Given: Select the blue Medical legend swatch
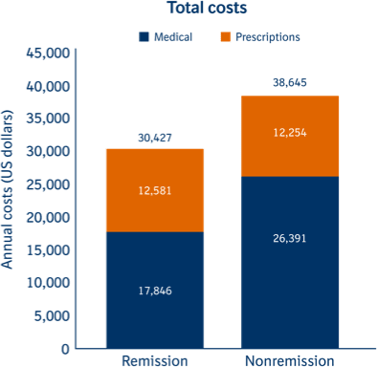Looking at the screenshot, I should click(144, 37).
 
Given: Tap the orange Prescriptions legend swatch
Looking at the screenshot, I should click(225, 37).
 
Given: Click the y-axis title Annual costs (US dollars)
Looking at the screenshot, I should click(10, 200).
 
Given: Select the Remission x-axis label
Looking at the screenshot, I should click(154, 360).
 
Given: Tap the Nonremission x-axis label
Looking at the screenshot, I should click(289, 360).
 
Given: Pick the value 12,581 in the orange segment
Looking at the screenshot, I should click(154, 191).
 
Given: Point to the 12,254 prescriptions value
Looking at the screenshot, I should click(289, 133).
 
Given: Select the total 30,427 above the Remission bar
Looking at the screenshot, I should click(154, 138).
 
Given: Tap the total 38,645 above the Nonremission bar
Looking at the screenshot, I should click(289, 84).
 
